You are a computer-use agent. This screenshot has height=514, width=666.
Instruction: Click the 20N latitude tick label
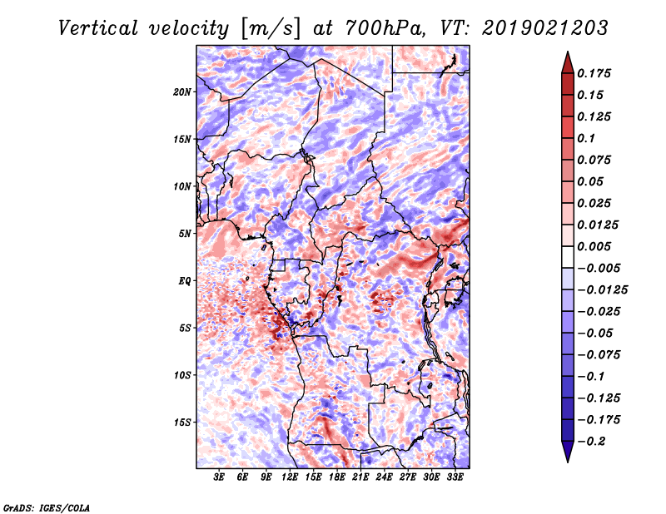(x=182, y=91)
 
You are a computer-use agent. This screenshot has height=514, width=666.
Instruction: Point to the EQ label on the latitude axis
(x=184, y=280)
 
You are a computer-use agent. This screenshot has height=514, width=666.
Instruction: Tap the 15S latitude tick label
(x=182, y=422)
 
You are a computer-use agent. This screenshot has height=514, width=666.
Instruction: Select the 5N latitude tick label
(x=185, y=233)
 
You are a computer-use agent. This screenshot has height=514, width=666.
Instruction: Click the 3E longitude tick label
(x=220, y=477)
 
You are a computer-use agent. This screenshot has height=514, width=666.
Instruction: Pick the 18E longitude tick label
(x=337, y=477)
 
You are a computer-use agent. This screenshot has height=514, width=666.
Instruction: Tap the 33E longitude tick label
(x=455, y=477)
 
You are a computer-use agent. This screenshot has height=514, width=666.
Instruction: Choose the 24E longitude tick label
(x=384, y=477)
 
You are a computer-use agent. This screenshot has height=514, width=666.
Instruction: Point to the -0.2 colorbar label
(x=593, y=441)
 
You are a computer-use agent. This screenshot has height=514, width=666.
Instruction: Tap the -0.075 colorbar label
(x=599, y=354)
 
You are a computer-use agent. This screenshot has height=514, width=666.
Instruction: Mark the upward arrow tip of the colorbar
(x=566, y=54)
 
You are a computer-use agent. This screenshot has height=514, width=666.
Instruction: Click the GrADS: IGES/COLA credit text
(x=47, y=507)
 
